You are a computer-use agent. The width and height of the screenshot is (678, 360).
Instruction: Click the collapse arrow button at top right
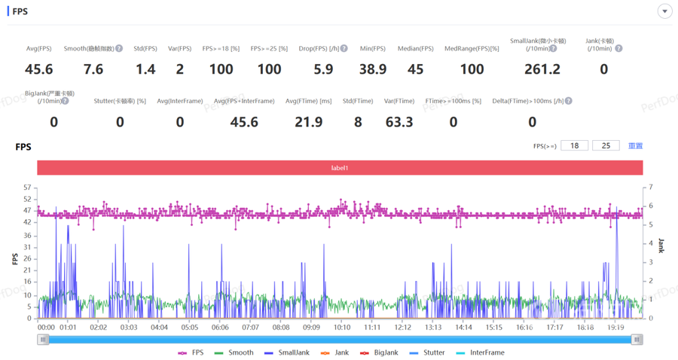664,11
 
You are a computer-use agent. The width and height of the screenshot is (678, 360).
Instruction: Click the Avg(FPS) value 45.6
39,69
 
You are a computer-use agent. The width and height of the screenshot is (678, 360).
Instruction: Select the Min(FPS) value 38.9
373,69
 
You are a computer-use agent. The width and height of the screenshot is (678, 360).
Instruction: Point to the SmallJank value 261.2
542,69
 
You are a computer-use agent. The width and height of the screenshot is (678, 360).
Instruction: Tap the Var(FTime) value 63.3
399,122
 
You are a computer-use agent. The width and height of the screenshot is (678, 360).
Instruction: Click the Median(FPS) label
416,49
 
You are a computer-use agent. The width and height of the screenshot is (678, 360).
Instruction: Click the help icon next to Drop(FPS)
344,49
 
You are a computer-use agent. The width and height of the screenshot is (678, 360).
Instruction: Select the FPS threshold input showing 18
574,145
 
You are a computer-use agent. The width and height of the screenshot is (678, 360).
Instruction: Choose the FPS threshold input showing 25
606,145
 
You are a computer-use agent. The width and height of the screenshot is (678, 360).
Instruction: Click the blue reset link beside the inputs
635,145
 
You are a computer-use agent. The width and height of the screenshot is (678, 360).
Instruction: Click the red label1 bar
340,168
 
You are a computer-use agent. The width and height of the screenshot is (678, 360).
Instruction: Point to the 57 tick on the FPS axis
27,188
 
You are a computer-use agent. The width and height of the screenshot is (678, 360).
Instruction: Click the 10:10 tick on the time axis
342,328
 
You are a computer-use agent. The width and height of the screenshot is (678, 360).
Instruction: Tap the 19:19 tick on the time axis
616,328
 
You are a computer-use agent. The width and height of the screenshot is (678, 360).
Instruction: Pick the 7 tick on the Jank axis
651,188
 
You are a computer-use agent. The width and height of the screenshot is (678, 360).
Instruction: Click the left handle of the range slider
43,340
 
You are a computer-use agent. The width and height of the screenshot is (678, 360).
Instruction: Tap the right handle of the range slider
637,340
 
